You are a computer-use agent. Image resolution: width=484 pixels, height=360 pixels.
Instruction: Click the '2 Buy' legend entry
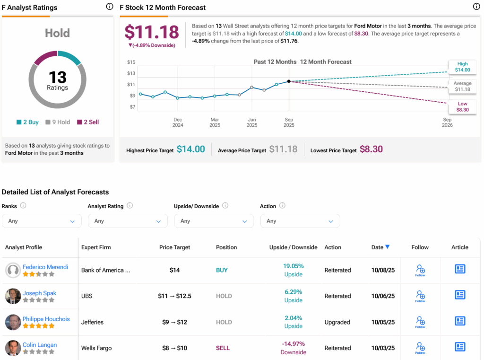click(x=27, y=122)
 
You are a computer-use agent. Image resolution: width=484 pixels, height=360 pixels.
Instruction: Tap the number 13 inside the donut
click(x=57, y=77)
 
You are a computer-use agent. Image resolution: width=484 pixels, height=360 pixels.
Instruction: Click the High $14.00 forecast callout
click(x=462, y=67)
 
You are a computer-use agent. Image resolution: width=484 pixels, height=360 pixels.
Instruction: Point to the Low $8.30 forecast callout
click(x=462, y=107)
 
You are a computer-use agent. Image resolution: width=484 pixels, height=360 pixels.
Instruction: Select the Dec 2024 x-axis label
click(x=178, y=123)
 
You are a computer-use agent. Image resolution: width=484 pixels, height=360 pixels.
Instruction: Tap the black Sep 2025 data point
click(x=289, y=81)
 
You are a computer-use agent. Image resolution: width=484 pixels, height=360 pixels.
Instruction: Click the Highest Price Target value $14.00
click(x=190, y=149)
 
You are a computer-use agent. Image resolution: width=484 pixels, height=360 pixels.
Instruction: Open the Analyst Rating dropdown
click(x=128, y=221)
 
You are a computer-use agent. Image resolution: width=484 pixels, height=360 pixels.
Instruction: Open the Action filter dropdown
click(x=300, y=221)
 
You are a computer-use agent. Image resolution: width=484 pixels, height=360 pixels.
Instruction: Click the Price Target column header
click(x=175, y=247)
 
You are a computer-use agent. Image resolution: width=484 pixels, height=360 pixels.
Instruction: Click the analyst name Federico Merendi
click(x=45, y=267)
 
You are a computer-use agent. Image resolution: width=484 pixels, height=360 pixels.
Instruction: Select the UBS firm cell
click(x=87, y=296)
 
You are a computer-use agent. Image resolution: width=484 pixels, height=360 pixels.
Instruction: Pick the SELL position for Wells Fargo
click(x=223, y=348)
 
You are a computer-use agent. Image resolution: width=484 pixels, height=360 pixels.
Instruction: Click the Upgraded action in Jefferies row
click(x=337, y=322)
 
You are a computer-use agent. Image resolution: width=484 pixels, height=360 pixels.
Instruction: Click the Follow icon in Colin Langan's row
click(x=420, y=347)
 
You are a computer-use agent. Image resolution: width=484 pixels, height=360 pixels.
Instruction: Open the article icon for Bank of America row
click(x=460, y=269)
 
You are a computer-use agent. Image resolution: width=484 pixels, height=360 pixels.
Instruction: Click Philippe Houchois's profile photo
click(x=13, y=322)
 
